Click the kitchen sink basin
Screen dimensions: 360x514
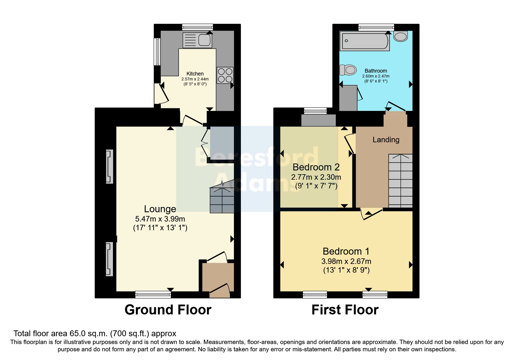tap(204, 40)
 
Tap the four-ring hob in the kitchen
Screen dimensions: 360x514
tap(225, 75)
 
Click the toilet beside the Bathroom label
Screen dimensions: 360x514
tap(348, 70)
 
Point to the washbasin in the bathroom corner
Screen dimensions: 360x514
tap(401, 36)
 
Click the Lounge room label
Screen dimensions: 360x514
tap(160, 209)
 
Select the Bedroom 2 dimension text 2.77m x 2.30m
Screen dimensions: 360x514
tap(316, 177)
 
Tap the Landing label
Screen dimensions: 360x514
tap(386, 140)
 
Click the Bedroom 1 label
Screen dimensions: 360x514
tap(346, 251)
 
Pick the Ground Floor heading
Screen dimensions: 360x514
tap(168, 310)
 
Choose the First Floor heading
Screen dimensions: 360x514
tap(345, 310)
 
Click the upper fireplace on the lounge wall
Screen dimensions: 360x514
tap(109, 167)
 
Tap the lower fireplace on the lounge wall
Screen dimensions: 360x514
tap(109, 259)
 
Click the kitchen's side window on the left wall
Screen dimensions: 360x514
tap(157, 52)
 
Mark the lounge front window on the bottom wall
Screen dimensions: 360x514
tap(153, 295)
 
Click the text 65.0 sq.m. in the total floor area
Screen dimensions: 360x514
tap(88, 334)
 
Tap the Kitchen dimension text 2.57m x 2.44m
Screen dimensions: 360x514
tap(195, 79)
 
